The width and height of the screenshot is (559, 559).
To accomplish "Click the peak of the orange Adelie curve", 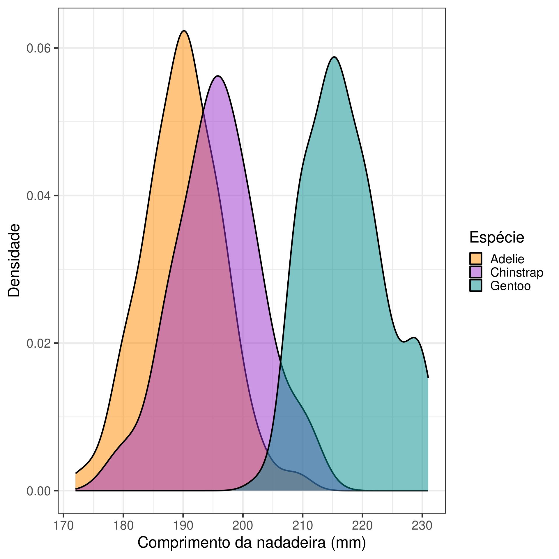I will pos(184,31).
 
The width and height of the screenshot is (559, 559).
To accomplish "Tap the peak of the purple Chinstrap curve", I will pos(218,76).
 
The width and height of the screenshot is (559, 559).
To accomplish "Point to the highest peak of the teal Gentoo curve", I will pos(334,57).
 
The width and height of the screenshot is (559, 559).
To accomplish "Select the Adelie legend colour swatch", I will pos(476,259).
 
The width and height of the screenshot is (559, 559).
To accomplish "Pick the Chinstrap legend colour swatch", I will pos(476,272).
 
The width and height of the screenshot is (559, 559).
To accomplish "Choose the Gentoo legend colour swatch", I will pos(476,285).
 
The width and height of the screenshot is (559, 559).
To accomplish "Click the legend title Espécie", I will pos(497,237).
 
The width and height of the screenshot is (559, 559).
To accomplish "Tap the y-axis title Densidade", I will pos(14,260).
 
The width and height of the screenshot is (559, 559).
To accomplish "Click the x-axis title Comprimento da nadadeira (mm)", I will pos(252,543).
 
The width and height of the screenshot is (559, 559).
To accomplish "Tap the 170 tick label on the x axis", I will pos(63,526).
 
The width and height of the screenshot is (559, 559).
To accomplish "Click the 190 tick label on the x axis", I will pos(183,526).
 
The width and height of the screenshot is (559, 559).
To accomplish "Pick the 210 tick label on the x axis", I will pos(303,526).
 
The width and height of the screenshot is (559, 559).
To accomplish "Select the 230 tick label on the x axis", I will pos(422,526).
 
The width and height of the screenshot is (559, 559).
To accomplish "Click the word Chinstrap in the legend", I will pos(516,273).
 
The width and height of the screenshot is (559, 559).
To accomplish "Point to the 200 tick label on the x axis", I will pos(243,526).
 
